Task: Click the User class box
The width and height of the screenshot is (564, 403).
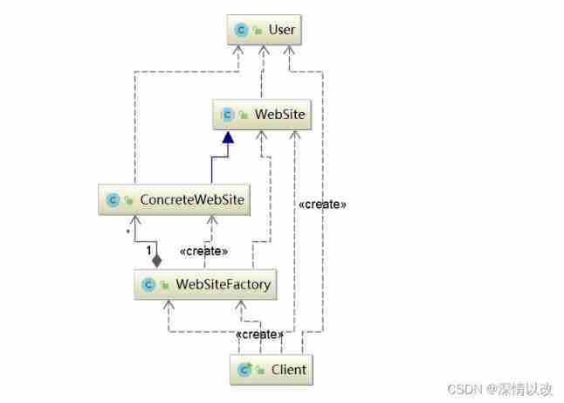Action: click(265, 31)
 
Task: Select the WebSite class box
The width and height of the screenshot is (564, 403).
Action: click(259, 114)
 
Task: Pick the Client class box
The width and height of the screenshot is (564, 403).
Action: click(270, 369)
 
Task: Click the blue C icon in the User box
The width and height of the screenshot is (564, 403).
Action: click(242, 31)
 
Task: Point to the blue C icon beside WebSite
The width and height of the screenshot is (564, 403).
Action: click(228, 114)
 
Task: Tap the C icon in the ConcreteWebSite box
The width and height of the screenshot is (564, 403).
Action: click(113, 200)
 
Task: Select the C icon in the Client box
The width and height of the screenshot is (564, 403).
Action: click(244, 369)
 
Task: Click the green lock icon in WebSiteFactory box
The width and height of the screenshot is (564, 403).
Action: click(164, 284)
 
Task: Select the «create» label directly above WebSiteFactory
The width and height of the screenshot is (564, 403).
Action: click(203, 252)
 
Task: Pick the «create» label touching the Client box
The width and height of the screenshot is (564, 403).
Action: click(259, 336)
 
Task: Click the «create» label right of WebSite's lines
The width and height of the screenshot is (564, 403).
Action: click(322, 204)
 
